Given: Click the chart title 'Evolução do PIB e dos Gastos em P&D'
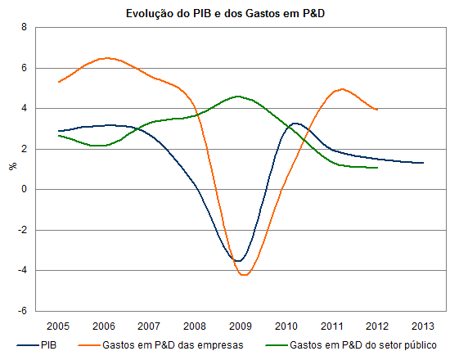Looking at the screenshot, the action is click(225, 13).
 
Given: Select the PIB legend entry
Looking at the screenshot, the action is click(37, 344).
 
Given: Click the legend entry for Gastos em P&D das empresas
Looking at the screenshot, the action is click(160, 344).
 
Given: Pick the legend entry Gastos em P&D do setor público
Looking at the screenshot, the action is click(351, 344).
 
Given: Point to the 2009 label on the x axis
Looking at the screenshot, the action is click(241, 326).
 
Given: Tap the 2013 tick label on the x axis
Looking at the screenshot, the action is click(423, 326).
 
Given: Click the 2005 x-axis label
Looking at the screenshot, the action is click(58, 326).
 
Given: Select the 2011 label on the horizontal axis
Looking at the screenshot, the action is click(331, 326).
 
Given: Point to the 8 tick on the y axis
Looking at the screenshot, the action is click(24, 27).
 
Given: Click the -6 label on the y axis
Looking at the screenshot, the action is click(22, 311).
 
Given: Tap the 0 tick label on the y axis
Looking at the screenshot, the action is click(24, 189).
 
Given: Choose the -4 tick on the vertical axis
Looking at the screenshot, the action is click(22, 270).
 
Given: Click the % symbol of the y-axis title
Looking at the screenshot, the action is click(12, 166).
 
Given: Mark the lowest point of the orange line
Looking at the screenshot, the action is click(244, 275).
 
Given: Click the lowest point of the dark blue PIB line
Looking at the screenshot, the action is click(238, 261).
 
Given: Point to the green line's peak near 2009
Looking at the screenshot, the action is click(238, 97).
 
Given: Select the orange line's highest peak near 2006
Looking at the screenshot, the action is click(106, 58).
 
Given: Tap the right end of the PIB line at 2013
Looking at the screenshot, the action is click(423, 163).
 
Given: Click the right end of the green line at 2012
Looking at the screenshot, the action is click(377, 168).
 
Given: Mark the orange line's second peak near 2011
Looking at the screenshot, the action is click(342, 89).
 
